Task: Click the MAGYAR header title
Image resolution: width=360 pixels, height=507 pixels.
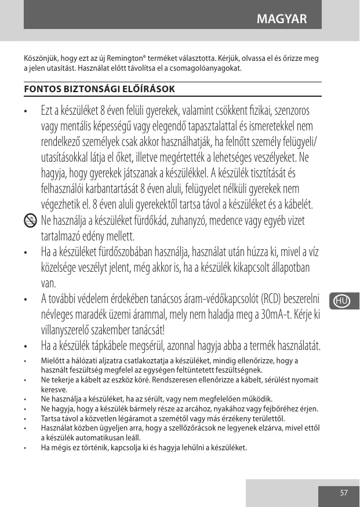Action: [281, 20]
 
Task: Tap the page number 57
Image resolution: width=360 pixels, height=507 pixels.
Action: [344, 493]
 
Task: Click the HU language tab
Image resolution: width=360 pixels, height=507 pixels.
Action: [341, 301]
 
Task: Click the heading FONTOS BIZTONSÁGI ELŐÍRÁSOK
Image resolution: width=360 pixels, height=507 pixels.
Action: [100, 89]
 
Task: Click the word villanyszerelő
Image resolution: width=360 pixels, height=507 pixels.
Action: [70, 331]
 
